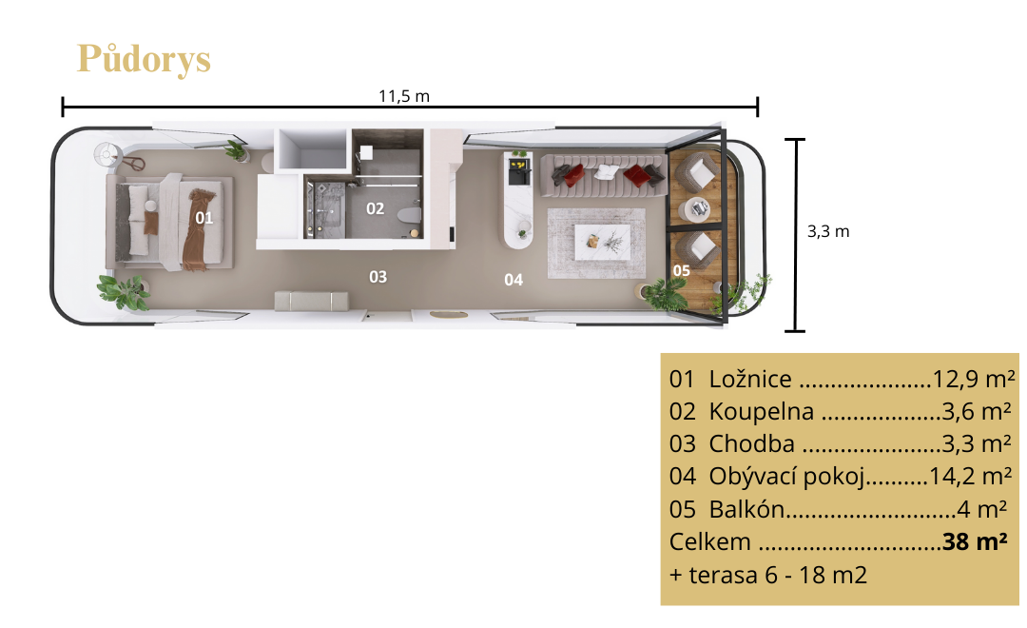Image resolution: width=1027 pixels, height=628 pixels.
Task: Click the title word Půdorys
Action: [x=145, y=60]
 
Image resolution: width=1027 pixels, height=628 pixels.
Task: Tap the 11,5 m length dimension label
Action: [x=404, y=96]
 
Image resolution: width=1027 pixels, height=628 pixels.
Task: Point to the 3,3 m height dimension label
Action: [x=828, y=231]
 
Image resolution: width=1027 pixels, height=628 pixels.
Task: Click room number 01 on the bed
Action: [x=203, y=218]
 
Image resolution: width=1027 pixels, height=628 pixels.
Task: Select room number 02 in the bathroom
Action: [x=375, y=208]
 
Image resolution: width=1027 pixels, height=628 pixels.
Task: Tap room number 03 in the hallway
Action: [x=378, y=277]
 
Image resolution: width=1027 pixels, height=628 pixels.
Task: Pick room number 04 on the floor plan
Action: [x=513, y=280]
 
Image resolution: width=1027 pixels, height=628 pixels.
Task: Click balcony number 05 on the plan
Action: [x=681, y=271]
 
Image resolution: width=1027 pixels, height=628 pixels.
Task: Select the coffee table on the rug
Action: [x=602, y=242]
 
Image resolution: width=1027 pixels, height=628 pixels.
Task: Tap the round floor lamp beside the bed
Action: [x=106, y=154]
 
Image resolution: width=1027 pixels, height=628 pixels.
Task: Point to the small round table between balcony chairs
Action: [x=697, y=209]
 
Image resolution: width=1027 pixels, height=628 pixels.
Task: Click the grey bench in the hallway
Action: [x=311, y=301]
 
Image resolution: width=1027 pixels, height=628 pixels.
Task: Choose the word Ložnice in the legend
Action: [x=750, y=379]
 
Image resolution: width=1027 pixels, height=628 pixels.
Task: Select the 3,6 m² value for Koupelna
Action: [x=977, y=411]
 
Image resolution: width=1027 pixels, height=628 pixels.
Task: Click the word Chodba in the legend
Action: [x=751, y=443]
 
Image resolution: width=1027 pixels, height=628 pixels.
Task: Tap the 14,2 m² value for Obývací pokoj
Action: [x=971, y=476]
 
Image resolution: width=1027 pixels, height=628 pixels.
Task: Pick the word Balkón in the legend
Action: [x=746, y=509]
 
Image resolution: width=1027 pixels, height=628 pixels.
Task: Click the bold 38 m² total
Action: [x=975, y=541]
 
